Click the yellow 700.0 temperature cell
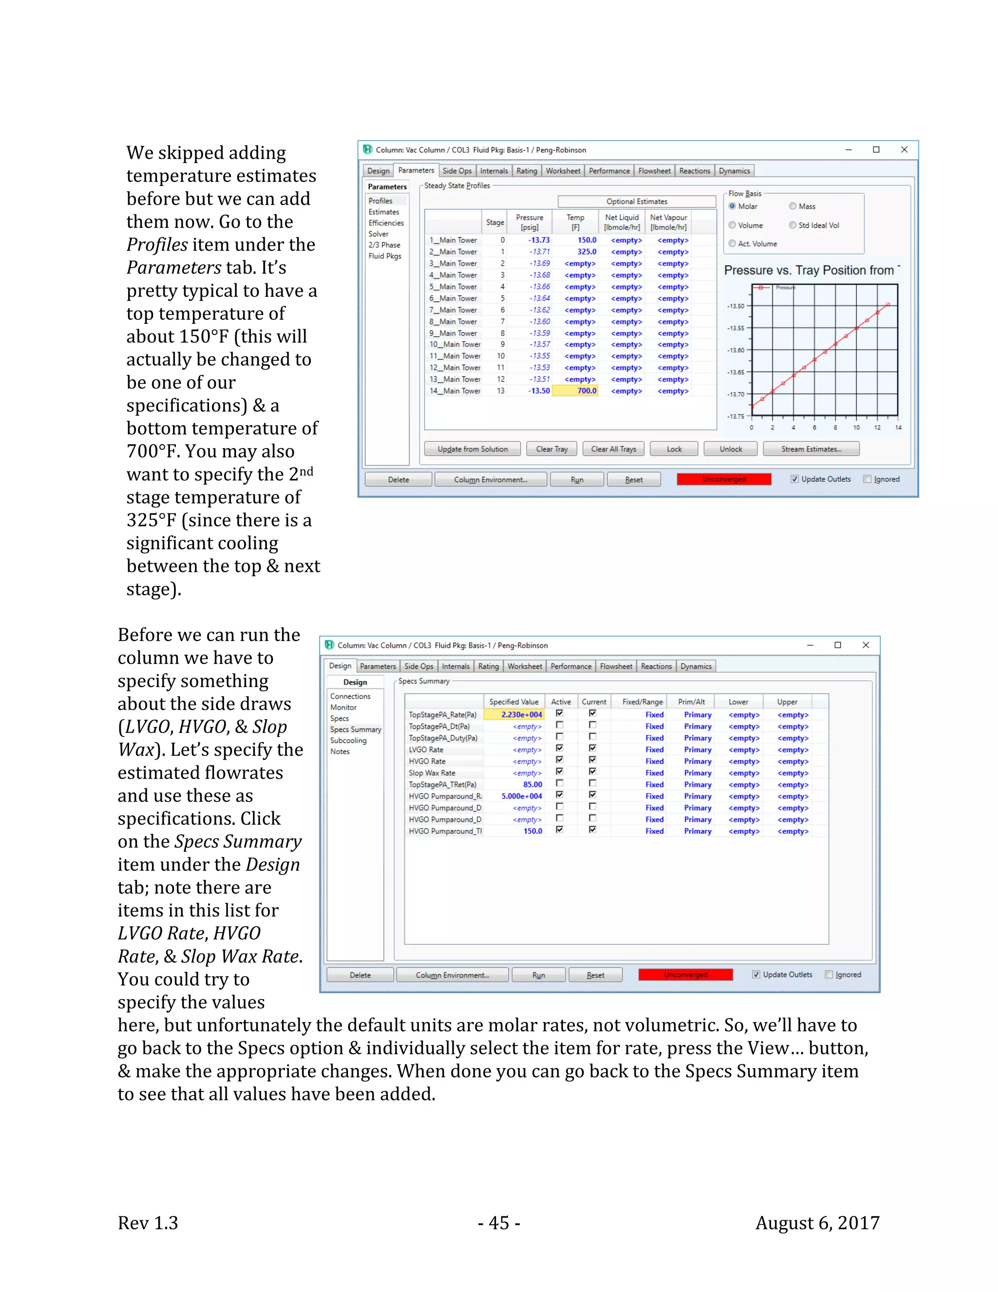pyautogui.click(x=576, y=391)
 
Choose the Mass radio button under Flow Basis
pyautogui.click(x=793, y=206)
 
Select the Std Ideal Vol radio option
pyautogui.click(x=793, y=225)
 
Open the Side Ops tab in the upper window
pyautogui.click(x=457, y=171)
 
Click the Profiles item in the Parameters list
pyautogui.click(x=380, y=201)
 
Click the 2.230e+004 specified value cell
pyautogui.click(x=514, y=715)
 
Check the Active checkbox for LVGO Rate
pyautogui.click(x=559, y=748)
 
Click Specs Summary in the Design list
pyautogui.click(x=355, y=729)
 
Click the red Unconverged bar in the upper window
pyautogui.click(x=724, y=479)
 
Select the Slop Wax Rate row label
pyautogui.click(x=432, y=773)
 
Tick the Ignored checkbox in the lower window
pyautogui.click(x=829, y=974)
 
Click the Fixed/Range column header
pyautogui.click(x=642, y=702)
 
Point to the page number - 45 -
pyautogui.click(x=499, y=1222)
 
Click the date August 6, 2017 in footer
pyautogui.click(x=817, y=1222)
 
